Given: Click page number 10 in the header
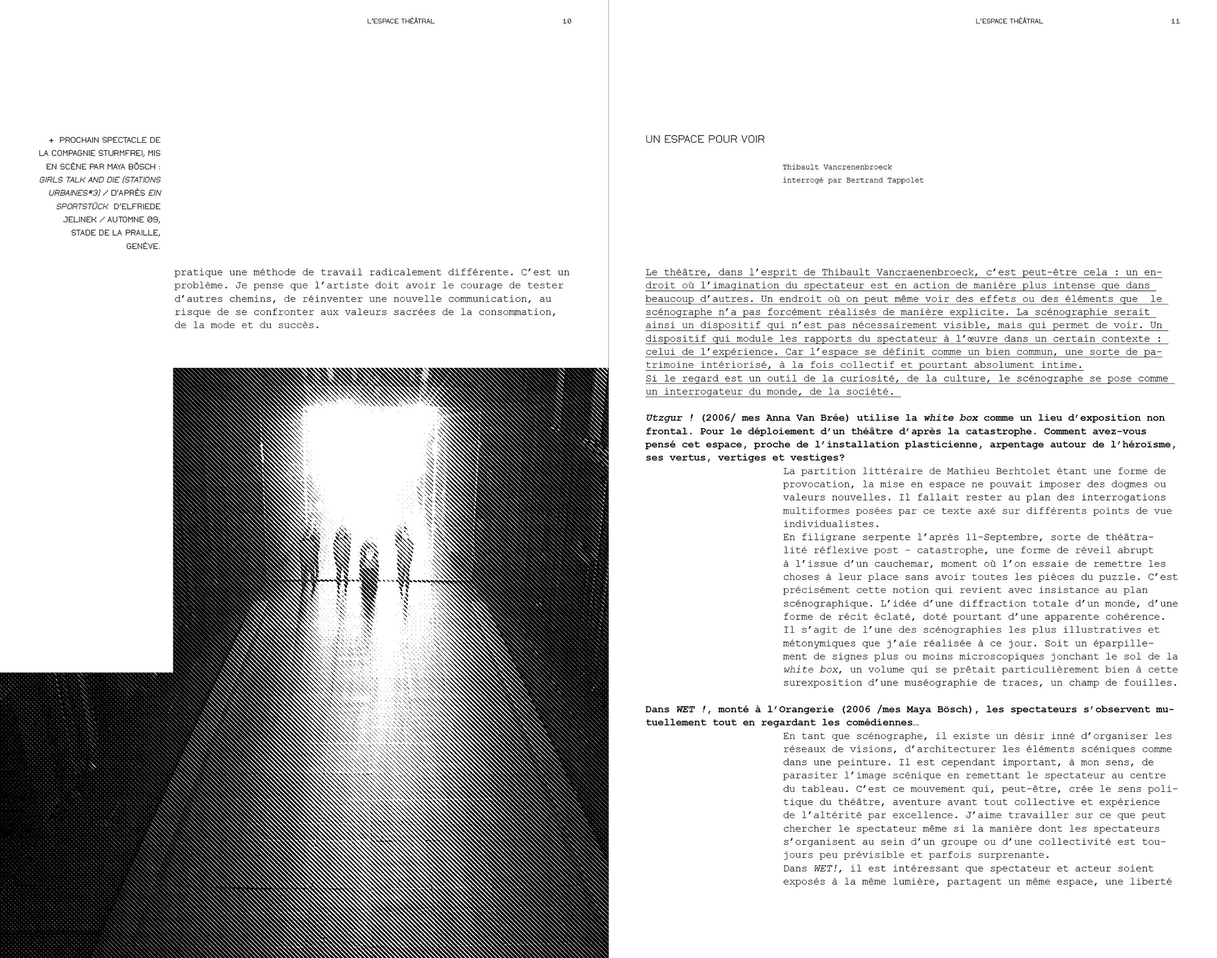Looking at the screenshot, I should [x=566, y=21].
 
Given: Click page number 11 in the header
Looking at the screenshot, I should [x=1175, y=21].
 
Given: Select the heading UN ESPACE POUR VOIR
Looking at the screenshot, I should [x=704, y=139].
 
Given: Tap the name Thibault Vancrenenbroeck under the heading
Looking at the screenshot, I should [x=837, y=167].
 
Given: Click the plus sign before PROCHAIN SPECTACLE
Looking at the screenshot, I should [x=52, y=140].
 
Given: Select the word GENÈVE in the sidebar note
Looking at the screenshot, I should [x=143, y=246].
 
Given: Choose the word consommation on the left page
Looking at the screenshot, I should [x=516, y=312].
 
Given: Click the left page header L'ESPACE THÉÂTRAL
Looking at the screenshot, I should [x=400, y=21].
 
